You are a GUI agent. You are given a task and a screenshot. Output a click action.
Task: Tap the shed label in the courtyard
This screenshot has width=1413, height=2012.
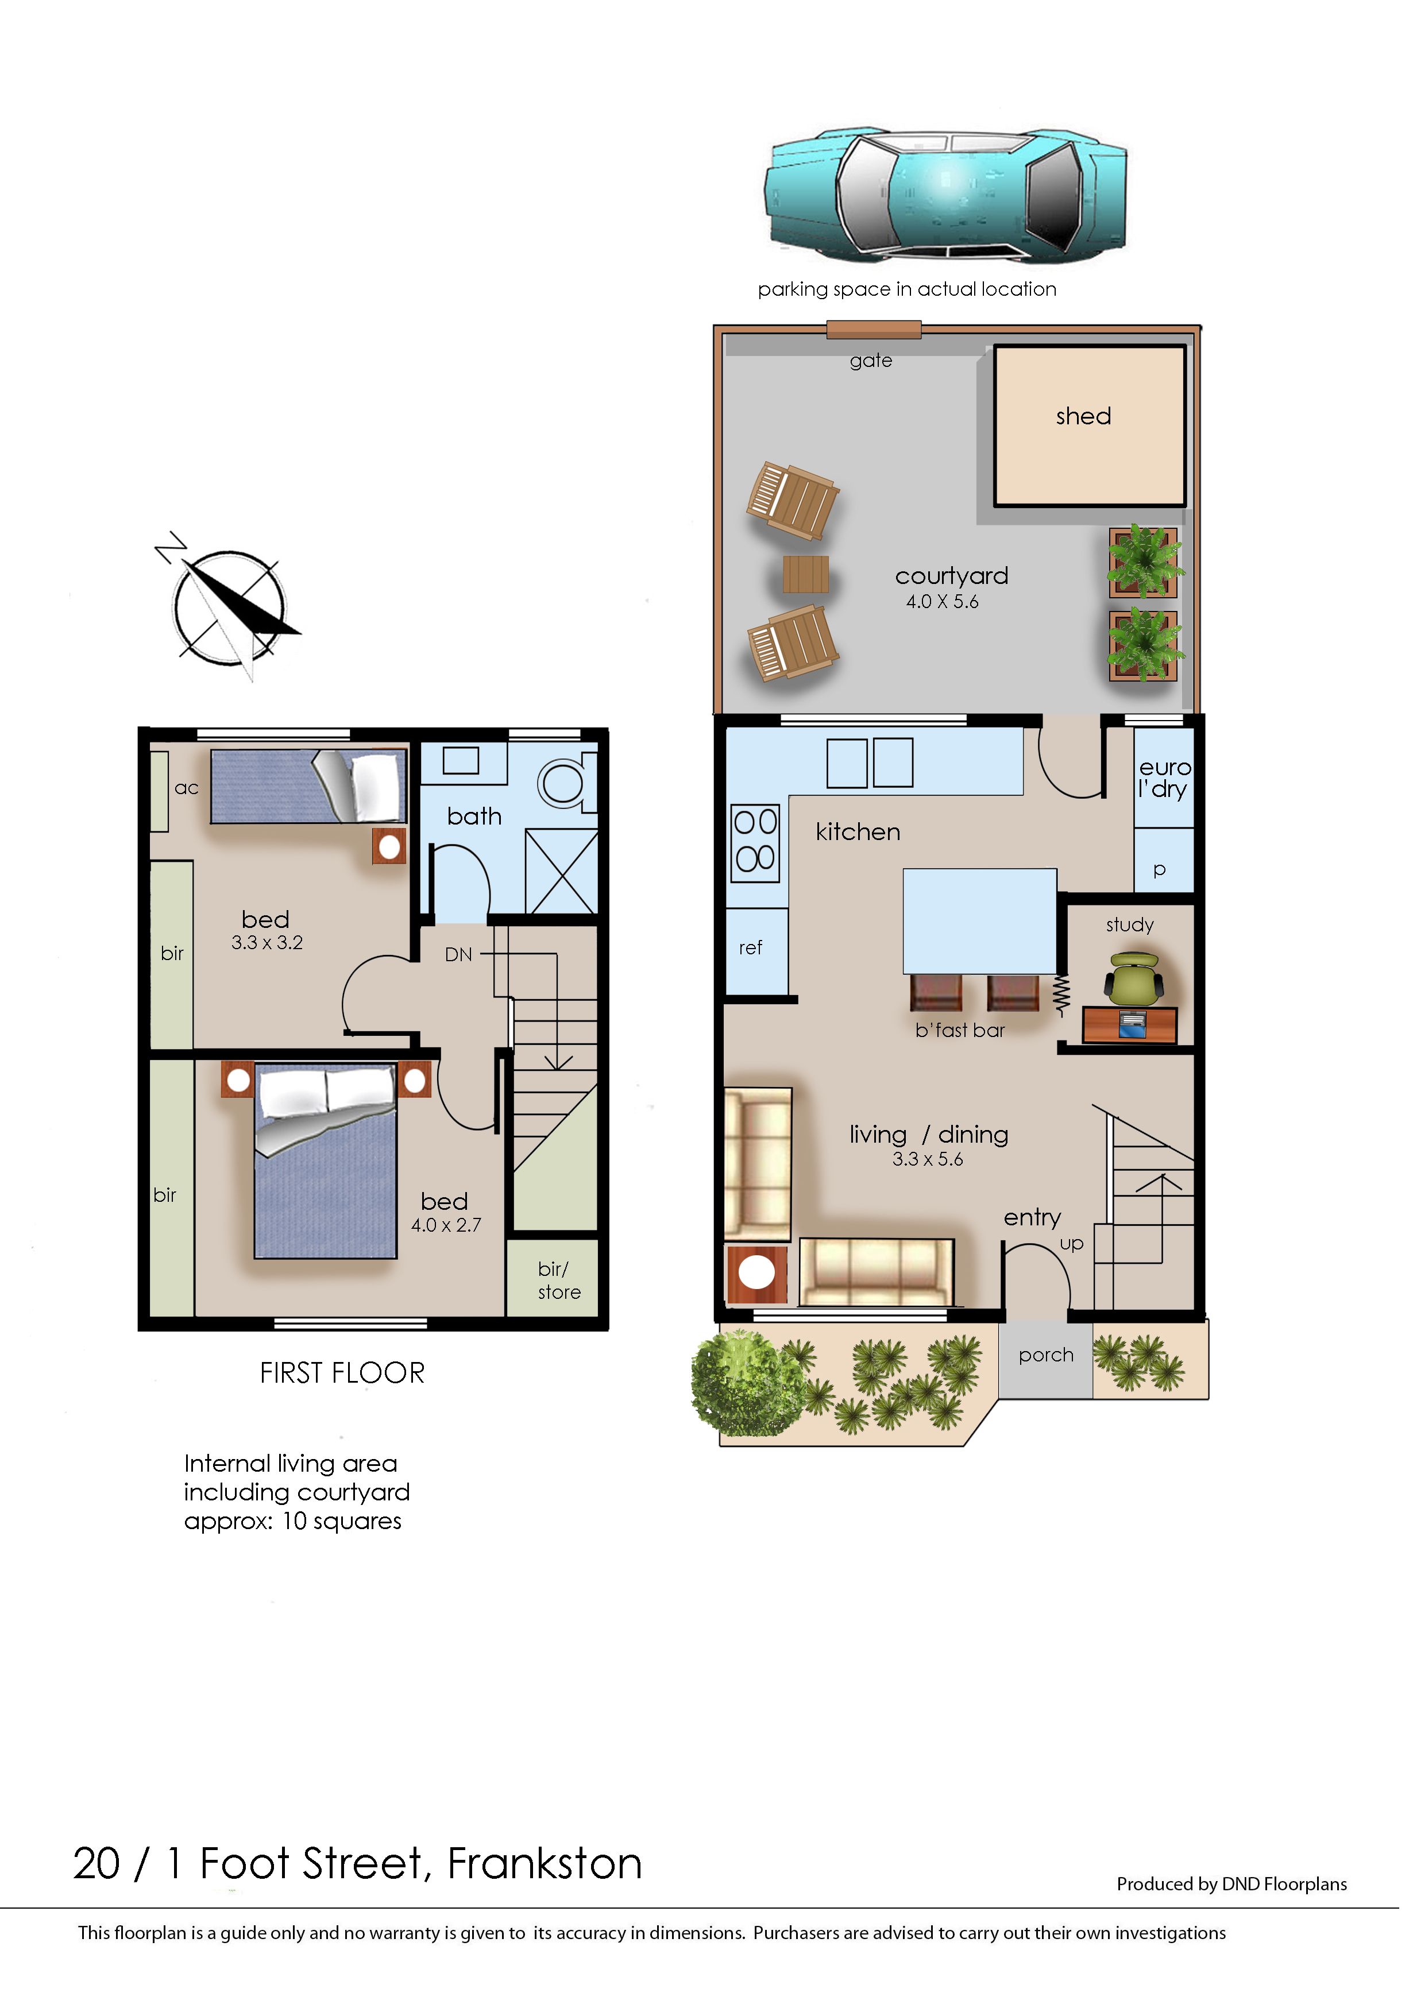point(1083,416)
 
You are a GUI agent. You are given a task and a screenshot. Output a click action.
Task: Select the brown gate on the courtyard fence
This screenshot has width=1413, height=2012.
point(873,330)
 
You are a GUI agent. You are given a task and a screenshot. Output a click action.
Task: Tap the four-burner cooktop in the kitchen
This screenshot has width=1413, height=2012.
point(755,843)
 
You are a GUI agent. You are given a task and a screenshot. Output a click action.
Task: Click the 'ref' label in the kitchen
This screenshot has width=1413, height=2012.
point(750,947)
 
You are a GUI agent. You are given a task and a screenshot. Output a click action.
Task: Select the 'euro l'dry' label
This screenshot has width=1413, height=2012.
point(1164,778)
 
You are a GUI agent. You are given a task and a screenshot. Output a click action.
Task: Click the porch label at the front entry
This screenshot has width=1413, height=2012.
point(1046,1356)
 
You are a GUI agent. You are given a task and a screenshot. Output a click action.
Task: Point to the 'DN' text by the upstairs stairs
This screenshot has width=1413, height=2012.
point(458,954)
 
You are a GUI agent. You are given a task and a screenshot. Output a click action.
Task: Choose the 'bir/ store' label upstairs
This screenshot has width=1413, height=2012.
point(558,1280)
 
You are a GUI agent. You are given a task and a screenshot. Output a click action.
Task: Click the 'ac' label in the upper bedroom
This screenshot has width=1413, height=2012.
point(186,788)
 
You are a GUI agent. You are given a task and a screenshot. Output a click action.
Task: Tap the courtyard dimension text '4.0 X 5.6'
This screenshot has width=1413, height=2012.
point(943,602)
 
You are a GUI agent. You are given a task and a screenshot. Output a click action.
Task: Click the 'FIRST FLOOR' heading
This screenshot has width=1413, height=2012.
point(342,1373)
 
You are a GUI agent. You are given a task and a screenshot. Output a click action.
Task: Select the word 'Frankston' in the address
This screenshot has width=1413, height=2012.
point(545,1864)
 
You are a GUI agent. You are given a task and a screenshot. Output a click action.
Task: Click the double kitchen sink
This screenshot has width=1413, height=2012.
point(870,763)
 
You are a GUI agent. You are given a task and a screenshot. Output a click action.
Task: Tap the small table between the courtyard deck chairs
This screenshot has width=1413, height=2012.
point(805,574)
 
